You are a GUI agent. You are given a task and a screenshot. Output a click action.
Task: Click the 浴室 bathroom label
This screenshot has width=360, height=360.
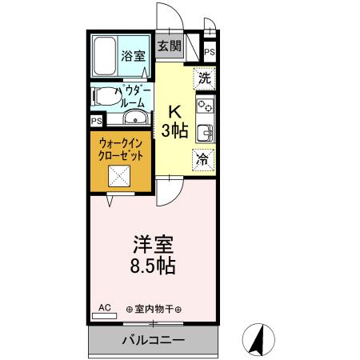pyautogui.click(x=133, y=57)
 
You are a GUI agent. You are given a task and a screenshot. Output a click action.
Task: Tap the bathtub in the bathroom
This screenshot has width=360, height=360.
pyautogui.click(x=105, y=55)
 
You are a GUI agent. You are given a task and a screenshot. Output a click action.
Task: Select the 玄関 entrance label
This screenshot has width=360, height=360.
pyautogui.click(x=169, y=46)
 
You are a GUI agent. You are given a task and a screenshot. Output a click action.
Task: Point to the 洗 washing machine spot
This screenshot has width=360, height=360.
pyautogui.click(x=205, y=78)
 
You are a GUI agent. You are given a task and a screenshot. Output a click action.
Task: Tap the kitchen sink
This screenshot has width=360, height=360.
pyautogui.click(x=205, y=132)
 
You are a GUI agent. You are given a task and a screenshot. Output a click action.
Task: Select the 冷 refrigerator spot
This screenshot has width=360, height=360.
pyautogui.click(x=204, y=158)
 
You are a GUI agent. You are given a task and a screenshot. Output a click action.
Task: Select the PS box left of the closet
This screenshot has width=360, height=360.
pyautogui.click(x=96, y=121)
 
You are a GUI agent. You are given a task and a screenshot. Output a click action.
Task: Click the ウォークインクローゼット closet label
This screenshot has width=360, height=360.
pyautogui.click(x=122, y=150)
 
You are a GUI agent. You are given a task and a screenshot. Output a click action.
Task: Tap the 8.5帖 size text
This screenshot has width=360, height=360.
pyautogui.click(x=153, y=266)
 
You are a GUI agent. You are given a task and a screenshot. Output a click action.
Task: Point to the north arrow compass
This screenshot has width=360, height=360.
pyautogui.click(x=258, y=339)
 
